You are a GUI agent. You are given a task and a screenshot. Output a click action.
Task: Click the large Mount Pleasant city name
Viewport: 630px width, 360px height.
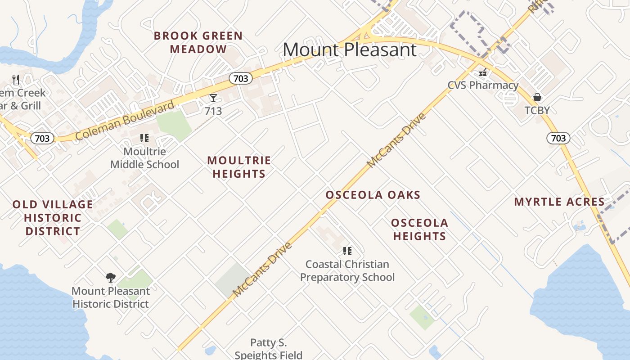tap(350, 49)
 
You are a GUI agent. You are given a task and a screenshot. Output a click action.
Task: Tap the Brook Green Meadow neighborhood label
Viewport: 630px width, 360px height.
tap(198, 42)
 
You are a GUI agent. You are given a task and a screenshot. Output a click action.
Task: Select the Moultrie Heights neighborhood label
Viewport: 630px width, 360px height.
tap(239, 167)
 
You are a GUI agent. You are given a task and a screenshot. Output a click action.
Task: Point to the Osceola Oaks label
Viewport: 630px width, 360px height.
tap(373, 195)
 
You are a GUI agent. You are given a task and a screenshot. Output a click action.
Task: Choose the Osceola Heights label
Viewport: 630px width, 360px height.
tap(419, 229)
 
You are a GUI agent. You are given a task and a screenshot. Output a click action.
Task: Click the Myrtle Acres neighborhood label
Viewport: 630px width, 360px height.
tap(559, 202)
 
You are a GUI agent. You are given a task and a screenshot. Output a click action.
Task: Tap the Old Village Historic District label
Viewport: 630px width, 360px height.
tap(53, 218)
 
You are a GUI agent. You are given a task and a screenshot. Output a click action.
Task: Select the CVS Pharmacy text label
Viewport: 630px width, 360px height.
tap(483, 85)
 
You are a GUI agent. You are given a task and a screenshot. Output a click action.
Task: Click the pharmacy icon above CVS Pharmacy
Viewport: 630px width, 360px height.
tap(483, 72)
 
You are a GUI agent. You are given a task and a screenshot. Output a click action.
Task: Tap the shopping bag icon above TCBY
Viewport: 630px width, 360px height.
tap(537, 97)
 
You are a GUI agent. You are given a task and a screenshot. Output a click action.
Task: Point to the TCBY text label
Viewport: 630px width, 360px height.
tap(537, 110)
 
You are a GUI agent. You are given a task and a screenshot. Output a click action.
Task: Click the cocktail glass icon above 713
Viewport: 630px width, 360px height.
tap(213, 98)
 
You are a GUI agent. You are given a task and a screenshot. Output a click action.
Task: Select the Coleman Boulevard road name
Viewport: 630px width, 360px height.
tap(125, 121)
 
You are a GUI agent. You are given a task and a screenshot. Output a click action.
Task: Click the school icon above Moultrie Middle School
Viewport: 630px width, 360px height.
tap(144, 138)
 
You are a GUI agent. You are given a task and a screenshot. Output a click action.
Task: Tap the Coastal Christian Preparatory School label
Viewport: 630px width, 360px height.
tap(347, 270)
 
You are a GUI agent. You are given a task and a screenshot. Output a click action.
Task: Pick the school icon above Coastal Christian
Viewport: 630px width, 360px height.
tap(347, 251)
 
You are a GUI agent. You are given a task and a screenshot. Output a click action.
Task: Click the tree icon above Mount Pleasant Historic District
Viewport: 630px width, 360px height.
tap(110, 278)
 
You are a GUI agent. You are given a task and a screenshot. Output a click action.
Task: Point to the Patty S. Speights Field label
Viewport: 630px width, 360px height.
tap(268, 349)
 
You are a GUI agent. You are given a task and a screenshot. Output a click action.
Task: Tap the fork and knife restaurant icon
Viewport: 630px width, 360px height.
tap(16, 80)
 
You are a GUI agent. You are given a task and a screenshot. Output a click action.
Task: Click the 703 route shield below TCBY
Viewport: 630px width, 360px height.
tap(558, 138)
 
